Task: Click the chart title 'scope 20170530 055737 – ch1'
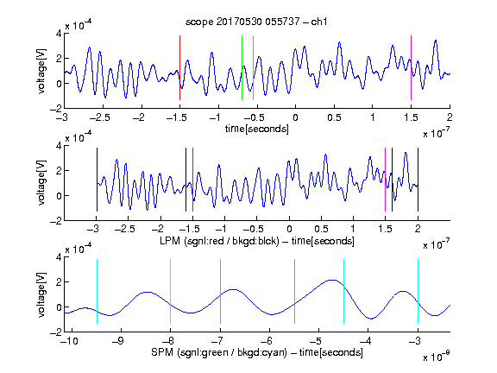click(x=256, y=22)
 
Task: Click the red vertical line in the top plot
click(x=179, y=68)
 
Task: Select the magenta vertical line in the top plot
click(x=411, y=68)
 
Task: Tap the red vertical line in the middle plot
click(x=192, y=180)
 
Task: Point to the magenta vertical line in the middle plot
click(x=385, y=180)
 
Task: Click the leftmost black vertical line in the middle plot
click(x=97, y=180)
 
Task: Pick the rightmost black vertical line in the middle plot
click(x=418, y=180)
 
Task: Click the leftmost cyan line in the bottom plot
click(x=97, y=292)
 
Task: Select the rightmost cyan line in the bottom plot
click(x=418, y=292)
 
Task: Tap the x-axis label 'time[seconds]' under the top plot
click(x=257, y=129)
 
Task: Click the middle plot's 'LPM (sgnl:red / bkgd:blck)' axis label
click(x=219, y=241)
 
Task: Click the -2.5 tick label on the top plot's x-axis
click(x=99, y=117)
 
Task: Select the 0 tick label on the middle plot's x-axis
click(x=289, y=229)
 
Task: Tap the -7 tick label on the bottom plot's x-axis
click(x=217, y=341)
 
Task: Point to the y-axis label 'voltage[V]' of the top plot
click(x=41, y=71)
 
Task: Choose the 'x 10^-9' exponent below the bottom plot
click(x=436, y=357)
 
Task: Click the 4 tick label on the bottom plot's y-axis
click(x=59, y=257)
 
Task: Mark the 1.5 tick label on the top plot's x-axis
click(x=411, y=117)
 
